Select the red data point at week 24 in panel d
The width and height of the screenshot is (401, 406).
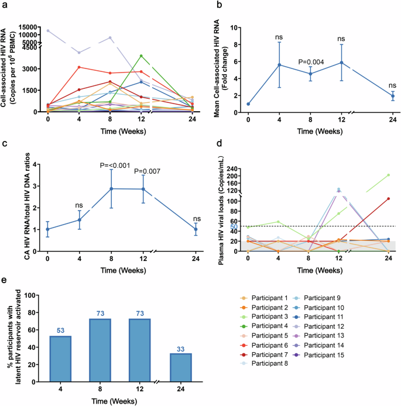[388, 198]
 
